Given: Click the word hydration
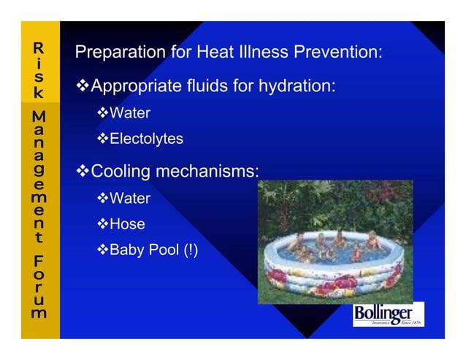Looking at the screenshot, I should [x=302, y=87].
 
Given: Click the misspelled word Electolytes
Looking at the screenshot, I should [x=146, y=139].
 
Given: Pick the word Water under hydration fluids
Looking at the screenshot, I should [x=129, y=114].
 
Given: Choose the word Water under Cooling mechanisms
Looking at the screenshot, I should [x=129, y=199].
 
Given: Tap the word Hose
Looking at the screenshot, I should [x=127, y=224].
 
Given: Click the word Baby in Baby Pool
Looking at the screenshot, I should [x=125, y=250].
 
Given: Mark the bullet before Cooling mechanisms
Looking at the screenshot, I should [x=83, y=172].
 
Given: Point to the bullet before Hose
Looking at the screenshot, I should [x=102, y=224].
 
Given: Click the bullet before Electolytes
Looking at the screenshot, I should [x=102, y=139].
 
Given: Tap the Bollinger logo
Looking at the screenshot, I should [x=388, y=315].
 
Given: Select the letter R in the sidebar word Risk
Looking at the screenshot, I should [x=39, y=49].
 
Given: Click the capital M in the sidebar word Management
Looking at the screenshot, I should [x=39, y=117].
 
